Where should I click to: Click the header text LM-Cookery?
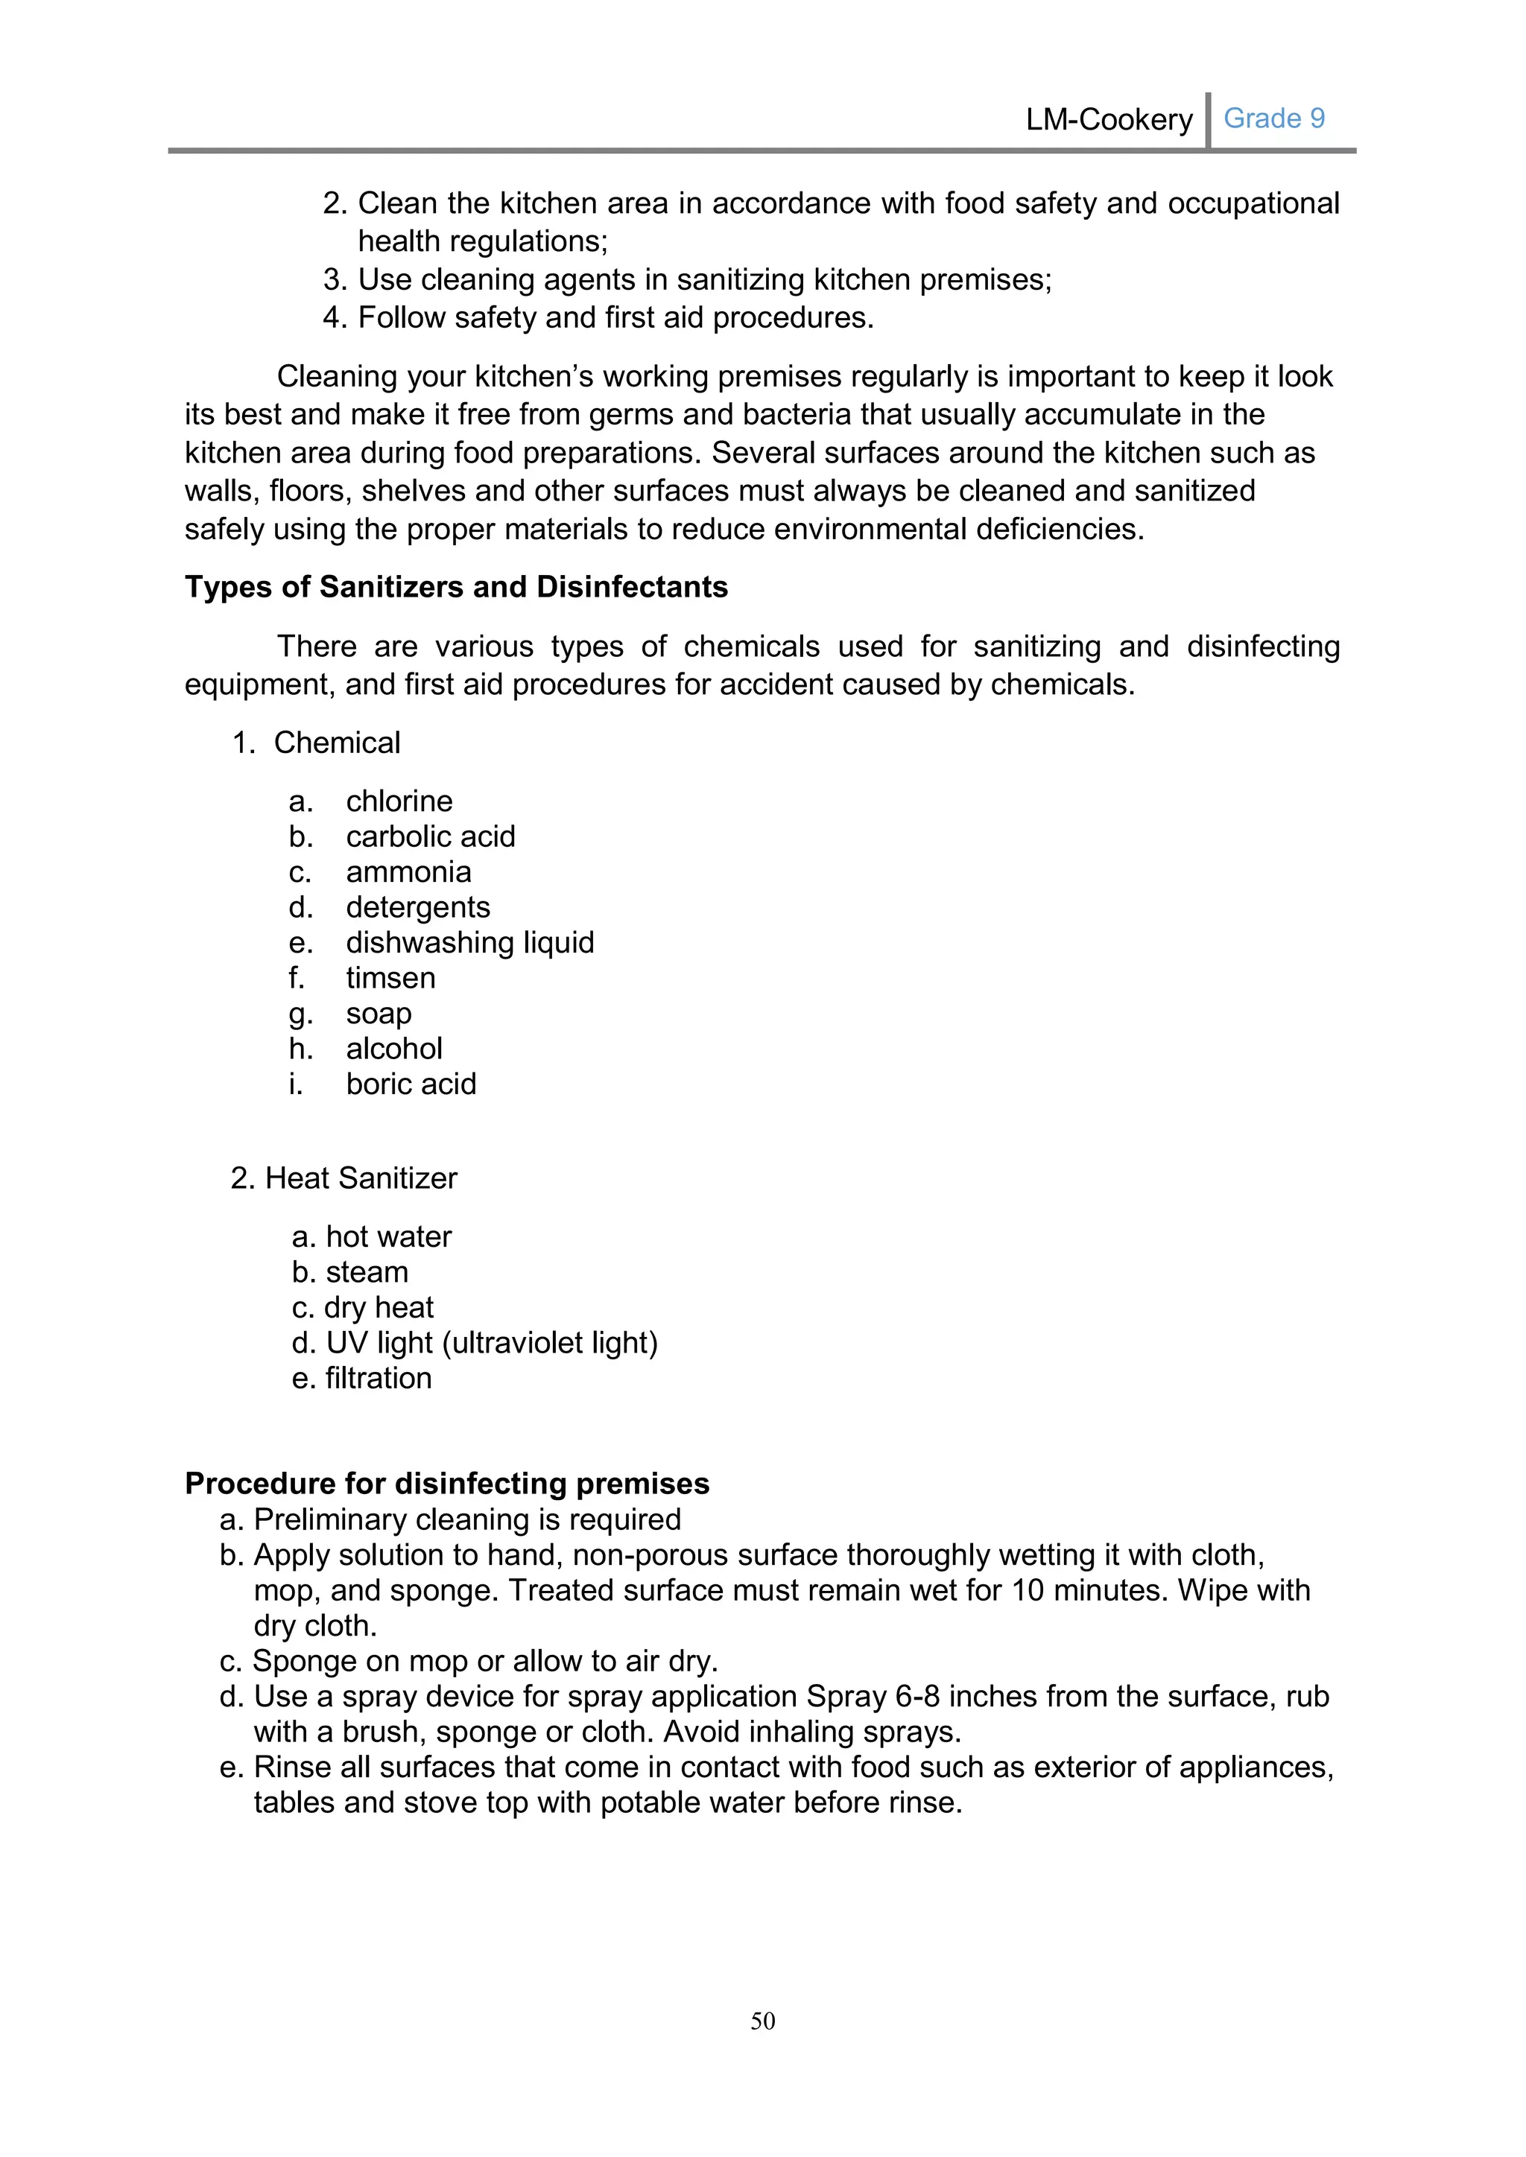1108,120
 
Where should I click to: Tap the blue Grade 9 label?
1273,118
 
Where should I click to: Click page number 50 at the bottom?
762,2021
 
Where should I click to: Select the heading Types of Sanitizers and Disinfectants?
456,587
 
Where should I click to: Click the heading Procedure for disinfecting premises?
446,1484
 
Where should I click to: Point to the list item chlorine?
399,801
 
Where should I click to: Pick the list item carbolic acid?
431,836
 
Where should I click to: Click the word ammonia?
408,872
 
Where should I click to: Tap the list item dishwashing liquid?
470,942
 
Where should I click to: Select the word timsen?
390,978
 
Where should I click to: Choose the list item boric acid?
411,1084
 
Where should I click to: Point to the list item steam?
367,1272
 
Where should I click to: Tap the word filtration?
378,1378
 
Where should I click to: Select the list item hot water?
388,1237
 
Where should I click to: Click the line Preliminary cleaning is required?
467,1519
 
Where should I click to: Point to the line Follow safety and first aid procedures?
615,319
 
